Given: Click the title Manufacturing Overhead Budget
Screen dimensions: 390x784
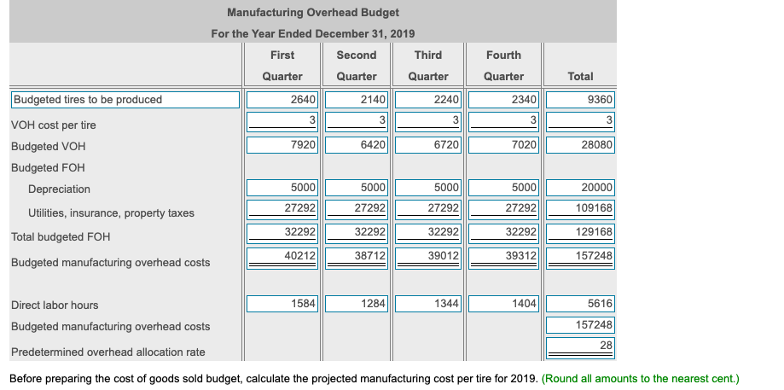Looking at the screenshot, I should click(x=313, y=13).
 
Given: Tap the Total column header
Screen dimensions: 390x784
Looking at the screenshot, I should click(x=580, y=76).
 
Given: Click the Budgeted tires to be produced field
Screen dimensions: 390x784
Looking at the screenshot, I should click(x=125, y=100).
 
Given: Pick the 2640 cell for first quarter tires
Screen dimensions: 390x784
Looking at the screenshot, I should click(x=282, y=100).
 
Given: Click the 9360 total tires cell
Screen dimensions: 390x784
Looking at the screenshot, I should click(x=580, y=100).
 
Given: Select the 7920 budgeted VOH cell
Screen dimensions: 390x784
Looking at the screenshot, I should click(x=282, y=146).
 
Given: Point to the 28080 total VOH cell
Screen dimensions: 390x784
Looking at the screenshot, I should click(x=580, y=146).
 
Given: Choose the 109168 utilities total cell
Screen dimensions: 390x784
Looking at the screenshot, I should click(x=580, y=208).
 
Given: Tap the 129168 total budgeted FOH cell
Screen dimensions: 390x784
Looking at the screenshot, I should click(x=580, y=232).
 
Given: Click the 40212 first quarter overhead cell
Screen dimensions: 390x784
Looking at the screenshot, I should click(x=282, y=256).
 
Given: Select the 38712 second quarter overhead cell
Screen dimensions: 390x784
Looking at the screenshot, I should click(x=357, y=256).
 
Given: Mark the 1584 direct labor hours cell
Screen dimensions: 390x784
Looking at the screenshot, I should click(x=282, y=304).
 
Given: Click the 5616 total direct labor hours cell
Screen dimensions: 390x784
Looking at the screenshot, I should click(x=580, y=304).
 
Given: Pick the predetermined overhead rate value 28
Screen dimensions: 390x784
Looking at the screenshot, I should click(x=580, y=345).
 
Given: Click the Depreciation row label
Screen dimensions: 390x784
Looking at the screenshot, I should click(x=59, y=189).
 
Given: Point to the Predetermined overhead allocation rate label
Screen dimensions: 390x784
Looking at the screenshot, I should click(x=107, y=352).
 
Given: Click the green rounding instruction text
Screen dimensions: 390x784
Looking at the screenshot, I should click(x=640, y=378).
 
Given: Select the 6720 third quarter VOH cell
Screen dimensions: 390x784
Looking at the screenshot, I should click(x=428, y=146).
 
